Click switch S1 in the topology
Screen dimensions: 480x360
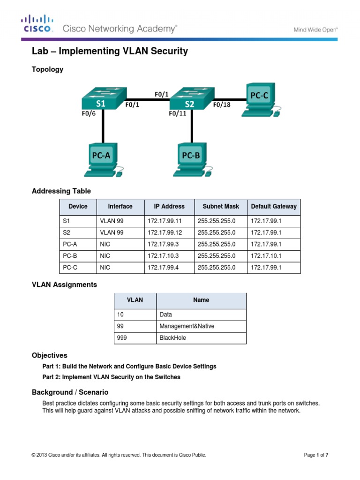(100, 100)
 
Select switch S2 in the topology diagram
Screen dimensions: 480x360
(189, 100)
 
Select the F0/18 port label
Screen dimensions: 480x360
(222, 105)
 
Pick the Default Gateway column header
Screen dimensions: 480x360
(274, 206)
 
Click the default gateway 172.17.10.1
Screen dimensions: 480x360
(266, 256)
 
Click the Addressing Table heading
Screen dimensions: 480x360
(61, 191)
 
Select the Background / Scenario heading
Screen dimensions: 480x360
(70, 392)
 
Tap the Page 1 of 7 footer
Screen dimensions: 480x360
(319, 455)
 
